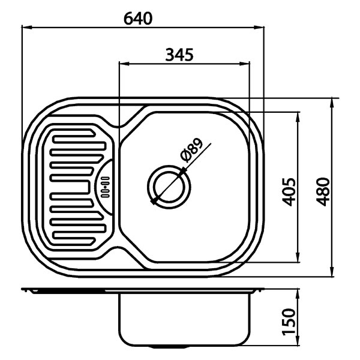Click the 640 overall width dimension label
(138, 19)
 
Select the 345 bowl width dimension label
(179, 55)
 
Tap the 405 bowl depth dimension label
(289, 192)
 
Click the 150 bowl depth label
(289, 322)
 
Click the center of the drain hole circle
(169, 187)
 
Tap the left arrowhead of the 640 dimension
(26, 28)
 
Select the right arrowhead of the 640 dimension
(259, 28)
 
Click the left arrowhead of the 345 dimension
(124, 64)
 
